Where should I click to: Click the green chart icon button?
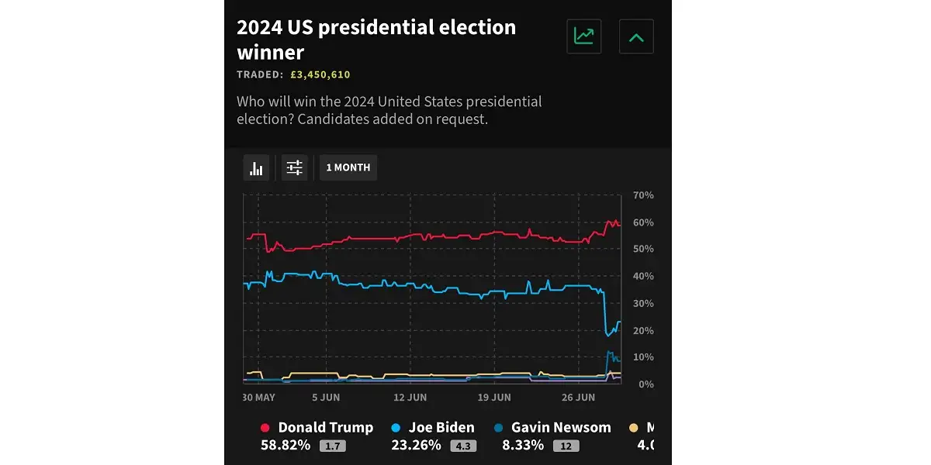tap(583, 36)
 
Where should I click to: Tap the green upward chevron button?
tap(636, 36)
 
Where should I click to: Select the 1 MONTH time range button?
tap(348, 167)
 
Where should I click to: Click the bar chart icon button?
tap(257, 167)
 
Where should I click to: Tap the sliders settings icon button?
tap(295, 167)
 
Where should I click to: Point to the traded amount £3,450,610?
tap(320, 75)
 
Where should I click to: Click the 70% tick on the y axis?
tap(643, 195)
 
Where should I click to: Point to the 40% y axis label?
tap(643, 277)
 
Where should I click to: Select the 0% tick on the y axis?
tap(645, 384)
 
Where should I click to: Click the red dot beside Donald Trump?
tap(265, 428)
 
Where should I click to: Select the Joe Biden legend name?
tap(441, 428)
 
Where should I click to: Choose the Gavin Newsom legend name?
tap(561, 428)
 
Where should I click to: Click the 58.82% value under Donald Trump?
tap(286, 446)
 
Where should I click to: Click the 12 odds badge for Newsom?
tap(566, 446)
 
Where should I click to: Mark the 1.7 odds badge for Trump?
tap(333, 446)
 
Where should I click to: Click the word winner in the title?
tap(270, 53)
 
